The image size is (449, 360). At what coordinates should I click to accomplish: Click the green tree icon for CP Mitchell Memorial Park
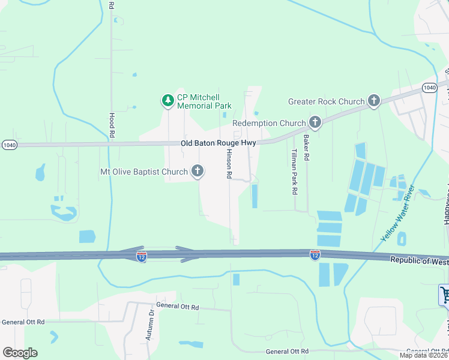(x=169, y=101)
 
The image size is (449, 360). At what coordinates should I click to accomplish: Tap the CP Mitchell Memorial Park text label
(x=204, y=101)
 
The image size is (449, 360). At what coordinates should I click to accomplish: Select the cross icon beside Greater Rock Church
(x=375, y=101)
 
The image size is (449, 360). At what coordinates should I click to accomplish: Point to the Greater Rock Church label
(x=326, y=101)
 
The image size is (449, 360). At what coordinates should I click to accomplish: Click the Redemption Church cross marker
(x=315, y=123)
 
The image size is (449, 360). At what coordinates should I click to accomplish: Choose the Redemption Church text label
(x=269, y=123)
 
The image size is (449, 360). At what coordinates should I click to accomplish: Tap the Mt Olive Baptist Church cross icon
(x=197, y=172)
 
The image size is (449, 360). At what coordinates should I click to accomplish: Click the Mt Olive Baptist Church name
(x=144, y=172)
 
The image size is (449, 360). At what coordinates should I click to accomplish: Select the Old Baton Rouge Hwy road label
(x=219, y=143)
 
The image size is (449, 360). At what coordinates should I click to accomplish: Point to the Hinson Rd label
(x=229, y=164)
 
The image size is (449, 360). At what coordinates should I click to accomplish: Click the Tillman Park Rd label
(x=294, y=172)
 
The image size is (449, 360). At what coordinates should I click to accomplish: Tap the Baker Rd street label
(x=306, y=148)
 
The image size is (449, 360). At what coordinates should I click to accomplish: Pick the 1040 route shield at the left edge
(x=10, y=145)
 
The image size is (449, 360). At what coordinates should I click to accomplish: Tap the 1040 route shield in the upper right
(x=429, y=88)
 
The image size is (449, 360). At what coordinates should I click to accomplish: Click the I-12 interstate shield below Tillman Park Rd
(x=315, y=255)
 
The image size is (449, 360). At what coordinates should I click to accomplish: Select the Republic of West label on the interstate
(x=419, y=260)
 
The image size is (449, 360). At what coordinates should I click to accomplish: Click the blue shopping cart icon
(x=445, y=294)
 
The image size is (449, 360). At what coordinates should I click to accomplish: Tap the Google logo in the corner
(x=20, y=353)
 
